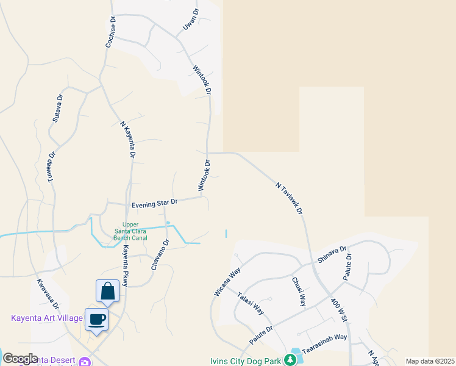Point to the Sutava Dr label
58,109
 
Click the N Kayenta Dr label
126,140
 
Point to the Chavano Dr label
160,254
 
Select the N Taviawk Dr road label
290,197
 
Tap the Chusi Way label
298,292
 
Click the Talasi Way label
250,303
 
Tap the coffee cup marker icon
96,318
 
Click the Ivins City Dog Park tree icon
291,361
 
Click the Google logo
20,359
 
